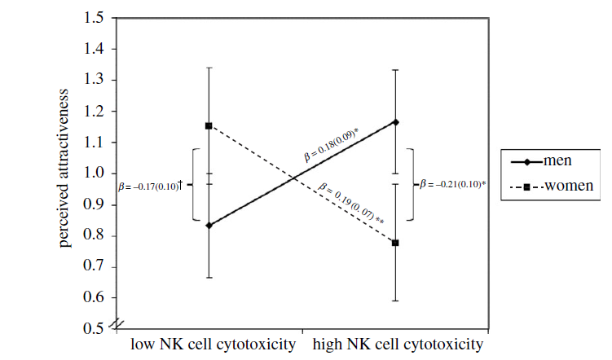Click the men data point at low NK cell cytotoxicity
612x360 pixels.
[209, 226]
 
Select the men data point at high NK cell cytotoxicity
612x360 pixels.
[395, 121]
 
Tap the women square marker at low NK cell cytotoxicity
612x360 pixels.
[209, 125]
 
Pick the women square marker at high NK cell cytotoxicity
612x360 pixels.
[395, 243]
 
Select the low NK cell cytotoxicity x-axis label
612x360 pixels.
[213, 345]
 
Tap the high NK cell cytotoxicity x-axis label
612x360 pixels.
[398, 345]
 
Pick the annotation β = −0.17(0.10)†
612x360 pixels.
[149, 186]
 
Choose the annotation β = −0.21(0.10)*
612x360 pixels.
[453, 184]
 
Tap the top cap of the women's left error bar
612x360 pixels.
[209, 68]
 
